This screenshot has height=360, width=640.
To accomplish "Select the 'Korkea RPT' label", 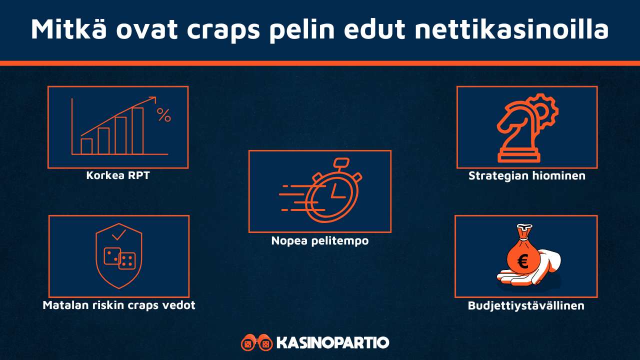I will click(118, 175).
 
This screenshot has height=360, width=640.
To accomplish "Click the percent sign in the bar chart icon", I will click(163, 115).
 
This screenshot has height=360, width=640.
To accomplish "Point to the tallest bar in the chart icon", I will click(137, 130).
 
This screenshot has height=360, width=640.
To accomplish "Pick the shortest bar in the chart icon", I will click(86, 146).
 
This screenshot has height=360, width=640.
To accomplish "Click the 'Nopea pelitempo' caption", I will click(320, 240).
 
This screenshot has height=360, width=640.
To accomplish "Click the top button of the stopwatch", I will click(341, 162).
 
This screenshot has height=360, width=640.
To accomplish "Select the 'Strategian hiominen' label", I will click(527, 176).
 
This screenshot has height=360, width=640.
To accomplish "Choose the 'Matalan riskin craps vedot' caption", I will click(119, 305).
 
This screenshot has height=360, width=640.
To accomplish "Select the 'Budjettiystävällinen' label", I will click(526, 305).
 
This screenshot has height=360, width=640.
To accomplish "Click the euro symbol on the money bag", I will click(523, 261).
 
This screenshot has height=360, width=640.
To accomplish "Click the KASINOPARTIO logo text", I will click(332, 343).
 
